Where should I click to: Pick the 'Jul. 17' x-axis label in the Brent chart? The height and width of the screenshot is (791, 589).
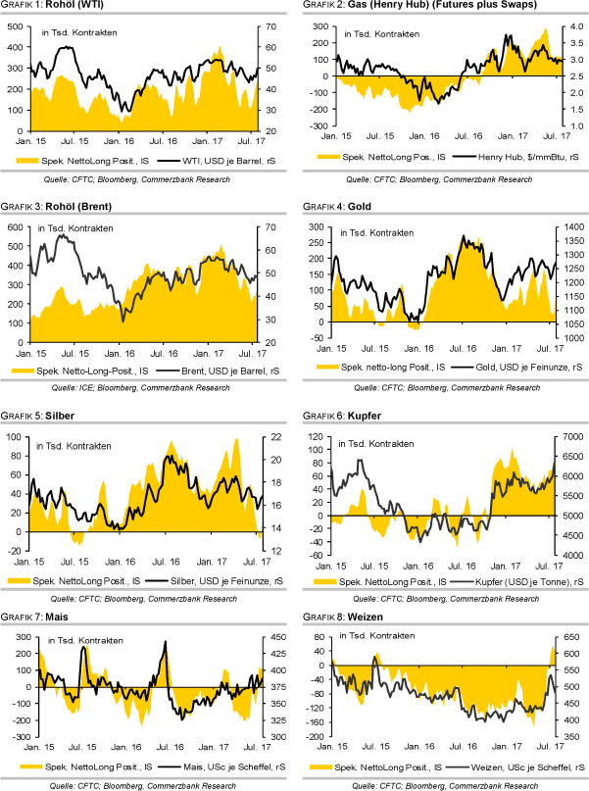[253, 352]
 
